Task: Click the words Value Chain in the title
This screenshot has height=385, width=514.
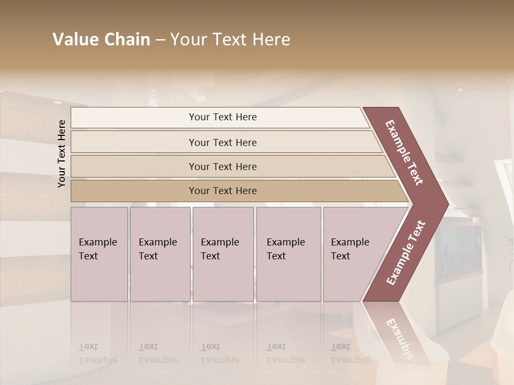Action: pyautogui.click(x=101, y=40)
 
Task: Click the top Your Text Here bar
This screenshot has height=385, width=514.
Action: pyautogui.click(x=222, y=117)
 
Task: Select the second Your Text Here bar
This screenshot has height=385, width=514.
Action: pyautogui.click(x=222, y=142)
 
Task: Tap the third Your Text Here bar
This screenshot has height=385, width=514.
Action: pyautogui.click(x=222, y=166)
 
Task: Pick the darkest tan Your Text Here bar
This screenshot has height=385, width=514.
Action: pyautogui.click(x=222, y=191)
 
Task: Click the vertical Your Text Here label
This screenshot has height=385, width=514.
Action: pyautogui.click(x=62, y=153)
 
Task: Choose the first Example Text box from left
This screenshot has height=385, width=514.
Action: pyautogui.click(x=99, y=254)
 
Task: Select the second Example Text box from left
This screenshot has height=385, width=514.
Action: pyautogui.click(x=160, y=254)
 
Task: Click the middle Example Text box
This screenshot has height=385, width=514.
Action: pyautogui.click(x=223, y=254)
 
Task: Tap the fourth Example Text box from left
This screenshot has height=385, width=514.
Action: pyautogui.click(x=288, y=254)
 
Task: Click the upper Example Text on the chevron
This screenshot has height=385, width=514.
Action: pyautogui.click(x=405, y=152)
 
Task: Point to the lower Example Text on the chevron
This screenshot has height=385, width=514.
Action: pyautogui.click(x=406, y=253)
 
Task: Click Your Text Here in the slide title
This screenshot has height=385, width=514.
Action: pyautogui.click(x=230, y=40)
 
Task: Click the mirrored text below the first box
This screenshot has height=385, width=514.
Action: pyautogui.click(x=97, y=353)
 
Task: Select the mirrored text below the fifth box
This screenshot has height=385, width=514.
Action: pyautogui.click(x=350, y=353)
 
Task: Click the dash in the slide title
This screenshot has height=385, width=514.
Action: pyautogui.click(x=160, y=40)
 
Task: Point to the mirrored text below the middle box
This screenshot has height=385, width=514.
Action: pyautogui.click(x=220, y=353)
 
